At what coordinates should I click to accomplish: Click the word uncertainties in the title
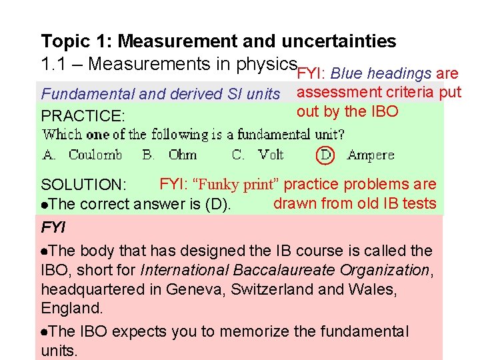340,41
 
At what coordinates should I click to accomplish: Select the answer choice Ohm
183,155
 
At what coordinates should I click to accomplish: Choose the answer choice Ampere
371,155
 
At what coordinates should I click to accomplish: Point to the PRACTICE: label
83,115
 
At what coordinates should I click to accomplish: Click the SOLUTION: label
84,185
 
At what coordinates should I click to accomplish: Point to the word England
70,309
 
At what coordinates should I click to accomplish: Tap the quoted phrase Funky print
241,184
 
